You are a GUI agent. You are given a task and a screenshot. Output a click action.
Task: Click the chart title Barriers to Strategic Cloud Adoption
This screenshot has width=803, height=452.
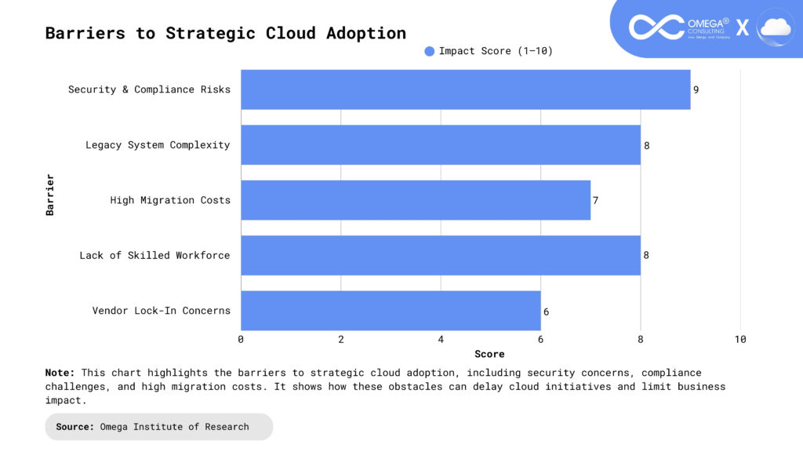tap(226, 33)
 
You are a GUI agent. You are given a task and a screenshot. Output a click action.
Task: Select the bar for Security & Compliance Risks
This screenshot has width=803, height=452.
tap(465, 89)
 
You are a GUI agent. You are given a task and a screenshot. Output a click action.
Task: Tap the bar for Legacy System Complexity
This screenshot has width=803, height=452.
tap(440, 145)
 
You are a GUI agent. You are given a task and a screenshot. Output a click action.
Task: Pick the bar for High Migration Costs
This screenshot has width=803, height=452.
tap(415, 200)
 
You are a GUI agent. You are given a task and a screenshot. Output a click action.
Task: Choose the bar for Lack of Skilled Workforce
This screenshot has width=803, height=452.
tap(440, 255)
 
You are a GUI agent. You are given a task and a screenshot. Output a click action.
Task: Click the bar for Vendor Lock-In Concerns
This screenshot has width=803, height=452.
tap(391, 311)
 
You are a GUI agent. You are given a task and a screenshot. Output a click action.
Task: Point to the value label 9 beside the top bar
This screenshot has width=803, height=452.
tap(696, 89)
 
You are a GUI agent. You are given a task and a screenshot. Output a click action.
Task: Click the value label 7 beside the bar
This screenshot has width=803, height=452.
tap(596, 200)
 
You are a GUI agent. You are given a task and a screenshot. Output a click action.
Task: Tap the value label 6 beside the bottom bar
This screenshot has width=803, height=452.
tap(546, 312)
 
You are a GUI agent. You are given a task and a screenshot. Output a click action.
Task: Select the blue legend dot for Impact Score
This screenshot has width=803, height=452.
tap(429, 52)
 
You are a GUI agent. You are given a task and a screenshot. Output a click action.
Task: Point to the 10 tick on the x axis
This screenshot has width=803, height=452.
tap(740, 340)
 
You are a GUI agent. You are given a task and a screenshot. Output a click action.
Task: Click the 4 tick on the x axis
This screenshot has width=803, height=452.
tap(441, 340)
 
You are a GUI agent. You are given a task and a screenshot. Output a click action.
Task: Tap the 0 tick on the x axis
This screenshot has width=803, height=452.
tap(241, 340)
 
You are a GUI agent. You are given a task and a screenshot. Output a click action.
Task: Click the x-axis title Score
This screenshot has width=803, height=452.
tap(489, 354)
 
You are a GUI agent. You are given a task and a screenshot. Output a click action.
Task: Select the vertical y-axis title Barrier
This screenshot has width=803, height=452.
tap(50, 195)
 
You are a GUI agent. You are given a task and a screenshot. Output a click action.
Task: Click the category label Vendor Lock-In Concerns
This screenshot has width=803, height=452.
tap(162, 311)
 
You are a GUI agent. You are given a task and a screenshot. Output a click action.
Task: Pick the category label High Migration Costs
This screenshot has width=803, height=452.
tap(170, 200)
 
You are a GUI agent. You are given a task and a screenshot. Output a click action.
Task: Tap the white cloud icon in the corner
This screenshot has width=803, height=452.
tap(776, 27)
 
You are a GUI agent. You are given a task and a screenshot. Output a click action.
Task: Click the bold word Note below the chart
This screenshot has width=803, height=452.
tap(60, 373)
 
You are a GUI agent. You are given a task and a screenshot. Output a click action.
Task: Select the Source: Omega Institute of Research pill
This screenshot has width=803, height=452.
tap(158, 427)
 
